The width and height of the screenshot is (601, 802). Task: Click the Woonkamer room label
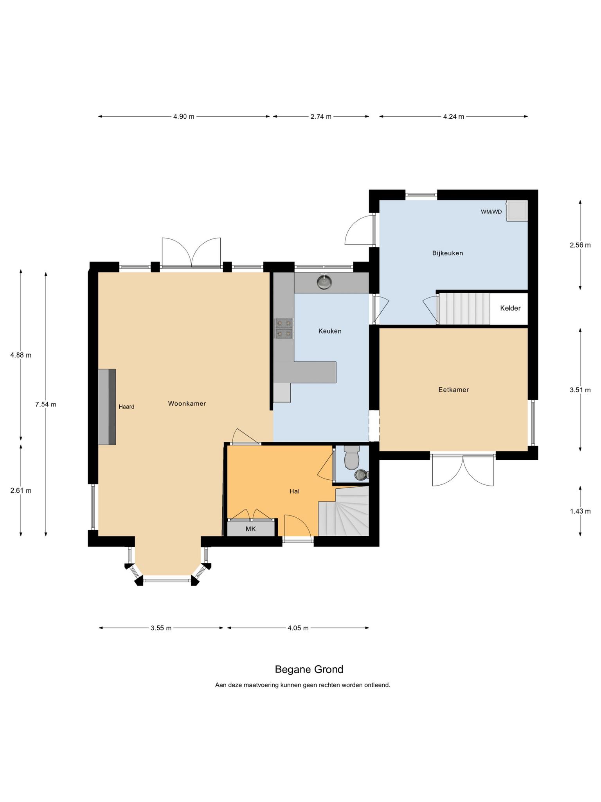pos(187,403)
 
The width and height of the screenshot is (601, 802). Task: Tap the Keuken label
pos(330,331)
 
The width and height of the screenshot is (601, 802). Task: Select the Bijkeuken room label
pos(448,253)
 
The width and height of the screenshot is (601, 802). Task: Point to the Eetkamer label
pos(453,390)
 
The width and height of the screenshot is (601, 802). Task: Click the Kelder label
pos(510,308)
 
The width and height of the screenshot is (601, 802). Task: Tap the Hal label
pos(295,491)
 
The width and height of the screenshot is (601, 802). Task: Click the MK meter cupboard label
pos(250,529)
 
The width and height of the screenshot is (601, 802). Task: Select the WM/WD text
pos(491,212)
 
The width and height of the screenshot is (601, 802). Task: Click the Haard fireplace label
pos(126,407)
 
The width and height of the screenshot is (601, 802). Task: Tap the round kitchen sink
pos(324,282)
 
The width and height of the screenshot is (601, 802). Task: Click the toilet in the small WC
pos(351,457)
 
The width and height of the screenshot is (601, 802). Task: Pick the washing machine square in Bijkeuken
pos(517,211)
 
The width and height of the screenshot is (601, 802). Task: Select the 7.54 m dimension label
pos(46,405)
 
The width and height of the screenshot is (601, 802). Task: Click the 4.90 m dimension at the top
pos(184,116)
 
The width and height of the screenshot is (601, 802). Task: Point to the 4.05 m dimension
pos(298,628)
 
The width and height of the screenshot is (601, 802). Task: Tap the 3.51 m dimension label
pos(580,390)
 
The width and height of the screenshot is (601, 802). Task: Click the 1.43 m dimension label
pos(580,511)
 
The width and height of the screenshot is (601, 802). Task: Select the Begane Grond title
pos(309,669)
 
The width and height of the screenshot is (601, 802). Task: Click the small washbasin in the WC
pos(360,475)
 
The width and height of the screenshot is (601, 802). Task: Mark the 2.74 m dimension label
pos(321,116)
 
